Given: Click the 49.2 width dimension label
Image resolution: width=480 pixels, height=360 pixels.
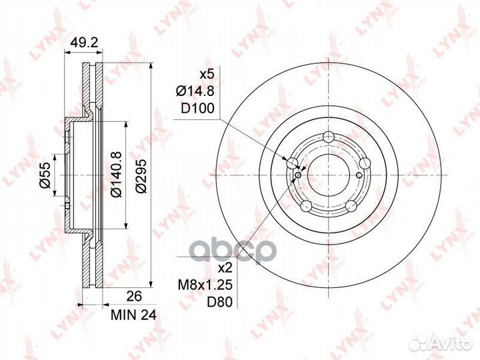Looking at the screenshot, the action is pos(84,43).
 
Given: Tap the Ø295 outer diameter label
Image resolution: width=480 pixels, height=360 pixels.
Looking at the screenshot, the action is pos(141,176).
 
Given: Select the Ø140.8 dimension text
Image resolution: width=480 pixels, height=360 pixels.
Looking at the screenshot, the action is pos(116,174).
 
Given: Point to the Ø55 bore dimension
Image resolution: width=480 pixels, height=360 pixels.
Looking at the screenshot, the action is pos(45,175).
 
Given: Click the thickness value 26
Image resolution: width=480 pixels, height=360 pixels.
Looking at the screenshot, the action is pos(133,296).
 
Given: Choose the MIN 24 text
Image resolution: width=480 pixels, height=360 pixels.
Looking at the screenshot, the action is pos(133,315).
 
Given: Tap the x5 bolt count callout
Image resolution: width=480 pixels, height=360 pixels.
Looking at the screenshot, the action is pos(207,75).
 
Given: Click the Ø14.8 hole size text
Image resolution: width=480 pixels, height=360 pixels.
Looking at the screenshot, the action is pos(195,91).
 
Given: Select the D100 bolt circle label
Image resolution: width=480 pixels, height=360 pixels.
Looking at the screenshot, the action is pos(197,109).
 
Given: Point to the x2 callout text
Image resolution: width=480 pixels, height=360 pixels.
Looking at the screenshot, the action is pos(225,269).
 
